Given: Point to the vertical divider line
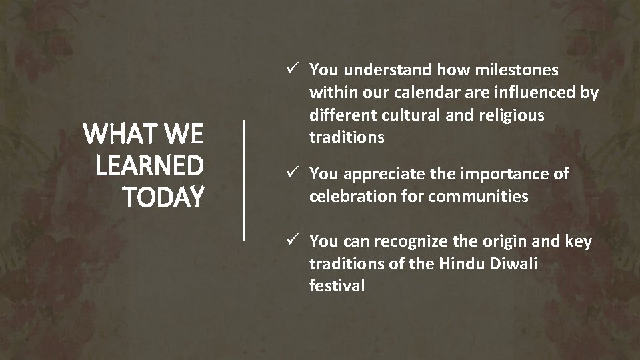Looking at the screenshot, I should tap(244, 179).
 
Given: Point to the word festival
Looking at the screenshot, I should tap(337, 286).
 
